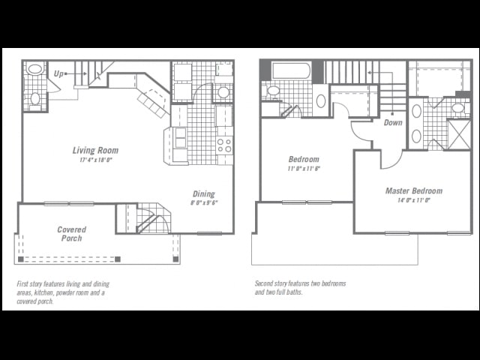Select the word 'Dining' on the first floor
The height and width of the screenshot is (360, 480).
point(203,193)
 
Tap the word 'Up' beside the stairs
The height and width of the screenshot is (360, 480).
point(58,73)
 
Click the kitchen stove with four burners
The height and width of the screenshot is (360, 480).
point(224,145)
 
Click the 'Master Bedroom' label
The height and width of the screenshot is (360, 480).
point(414,190)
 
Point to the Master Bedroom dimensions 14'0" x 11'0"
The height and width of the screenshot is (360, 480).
point(414,200)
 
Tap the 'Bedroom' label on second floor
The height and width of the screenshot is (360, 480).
point(304,159)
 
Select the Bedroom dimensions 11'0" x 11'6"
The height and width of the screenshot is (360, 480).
point(304,169)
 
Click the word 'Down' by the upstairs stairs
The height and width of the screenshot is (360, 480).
point(392,122)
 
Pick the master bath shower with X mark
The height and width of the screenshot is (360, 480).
point(458,134)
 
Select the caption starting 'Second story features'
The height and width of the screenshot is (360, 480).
point(299,288)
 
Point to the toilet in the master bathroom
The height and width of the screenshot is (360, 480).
point(457,108)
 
